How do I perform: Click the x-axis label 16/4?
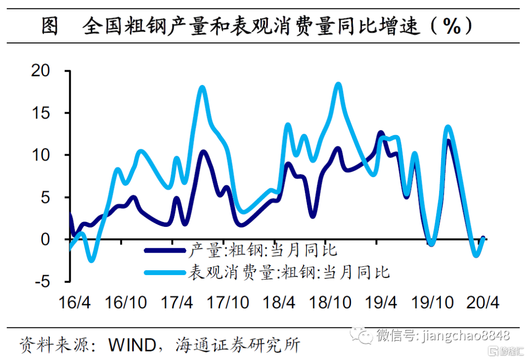pos(74,302)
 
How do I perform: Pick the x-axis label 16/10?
pos(126,302)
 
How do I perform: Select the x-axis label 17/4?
pos(177,302)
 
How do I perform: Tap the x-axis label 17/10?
pos(229,302)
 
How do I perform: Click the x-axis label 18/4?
pos(279,302)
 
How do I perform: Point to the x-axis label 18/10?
pos(331,302)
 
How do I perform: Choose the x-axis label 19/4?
pos(381,302)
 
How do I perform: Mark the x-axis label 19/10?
pos(433,302)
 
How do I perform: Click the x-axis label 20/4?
pos(483,302)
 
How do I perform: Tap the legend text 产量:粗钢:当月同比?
pos(262,251)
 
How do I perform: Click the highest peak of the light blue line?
pos(338,85)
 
